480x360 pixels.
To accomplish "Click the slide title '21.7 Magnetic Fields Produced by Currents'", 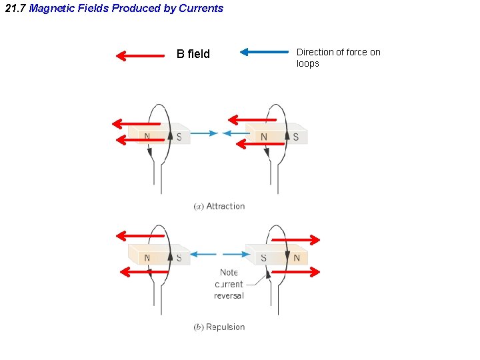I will click(x=114, y=9).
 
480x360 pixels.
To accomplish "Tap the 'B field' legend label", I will click(x=193, y=54).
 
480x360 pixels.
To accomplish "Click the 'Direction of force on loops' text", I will click(x=338, y=58).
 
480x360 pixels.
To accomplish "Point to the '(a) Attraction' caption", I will click(x=219, y=207).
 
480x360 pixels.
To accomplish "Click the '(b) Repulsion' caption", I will click(x=219, y=327).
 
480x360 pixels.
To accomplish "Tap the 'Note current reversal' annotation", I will click(x=229, y=284).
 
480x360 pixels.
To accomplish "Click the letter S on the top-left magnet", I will click(x=179, y=137).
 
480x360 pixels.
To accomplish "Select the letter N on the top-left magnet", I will click(x=147, y=137).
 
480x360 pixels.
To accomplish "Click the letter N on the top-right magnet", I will click(x=263, y=137).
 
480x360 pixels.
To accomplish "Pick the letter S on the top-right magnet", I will click(x=295, y=137).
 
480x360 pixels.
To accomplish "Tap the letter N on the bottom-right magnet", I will click(x=297, y=258).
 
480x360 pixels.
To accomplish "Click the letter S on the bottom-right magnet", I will click(x=263, y=258).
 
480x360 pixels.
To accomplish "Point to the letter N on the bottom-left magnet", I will click(x=147, y=258).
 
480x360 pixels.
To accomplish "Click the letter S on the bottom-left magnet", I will click(x=179, y=258).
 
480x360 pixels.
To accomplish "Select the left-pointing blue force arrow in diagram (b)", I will click(x=205, y=254).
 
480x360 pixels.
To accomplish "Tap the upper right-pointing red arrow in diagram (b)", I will click(x=296, y=240).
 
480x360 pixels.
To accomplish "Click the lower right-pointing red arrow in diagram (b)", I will click(x=296, y=271).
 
